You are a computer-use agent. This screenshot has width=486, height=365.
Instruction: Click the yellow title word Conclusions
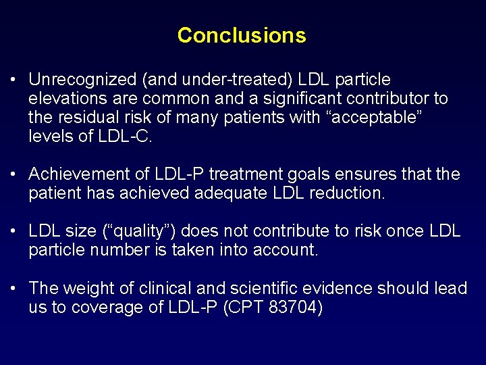242,35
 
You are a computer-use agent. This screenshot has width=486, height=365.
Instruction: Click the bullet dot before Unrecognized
14,80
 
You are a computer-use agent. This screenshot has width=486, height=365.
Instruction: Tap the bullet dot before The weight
14,289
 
